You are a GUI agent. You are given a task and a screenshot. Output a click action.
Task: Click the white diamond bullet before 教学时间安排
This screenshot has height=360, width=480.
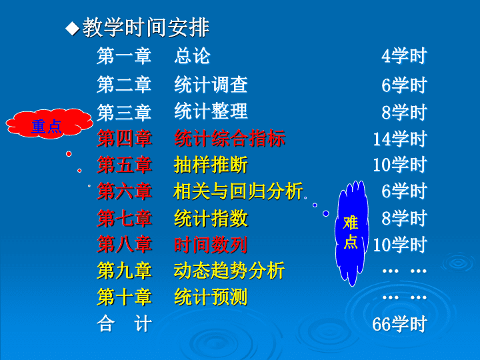(73, 29)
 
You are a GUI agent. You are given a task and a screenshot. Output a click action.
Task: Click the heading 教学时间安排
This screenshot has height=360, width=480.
(146, 27)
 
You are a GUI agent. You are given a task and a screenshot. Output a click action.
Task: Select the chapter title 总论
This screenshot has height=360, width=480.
(192, 56)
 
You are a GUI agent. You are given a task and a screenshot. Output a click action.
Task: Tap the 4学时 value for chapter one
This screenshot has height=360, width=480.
(404, 56)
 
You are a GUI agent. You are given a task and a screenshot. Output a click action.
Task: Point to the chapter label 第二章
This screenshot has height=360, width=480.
(124, 85)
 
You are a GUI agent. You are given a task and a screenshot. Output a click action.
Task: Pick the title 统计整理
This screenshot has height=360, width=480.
(211, 111)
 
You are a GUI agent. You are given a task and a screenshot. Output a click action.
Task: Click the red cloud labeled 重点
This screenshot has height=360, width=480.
(49, 123)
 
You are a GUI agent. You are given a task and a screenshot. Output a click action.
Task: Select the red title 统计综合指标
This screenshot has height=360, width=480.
(229, 138)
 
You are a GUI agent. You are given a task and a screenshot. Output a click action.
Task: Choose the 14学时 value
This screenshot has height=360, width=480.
(400, 139)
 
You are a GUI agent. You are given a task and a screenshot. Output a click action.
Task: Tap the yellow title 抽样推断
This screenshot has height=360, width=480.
(211, 165)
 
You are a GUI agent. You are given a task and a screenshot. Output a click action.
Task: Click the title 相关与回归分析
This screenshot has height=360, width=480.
(239, 191)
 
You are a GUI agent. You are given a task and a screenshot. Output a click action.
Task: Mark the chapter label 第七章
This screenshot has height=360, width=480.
(124, 218)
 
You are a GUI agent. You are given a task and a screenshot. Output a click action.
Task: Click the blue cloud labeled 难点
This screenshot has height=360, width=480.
(352, 233)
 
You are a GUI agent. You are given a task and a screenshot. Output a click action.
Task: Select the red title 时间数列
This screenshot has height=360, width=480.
(211, 245)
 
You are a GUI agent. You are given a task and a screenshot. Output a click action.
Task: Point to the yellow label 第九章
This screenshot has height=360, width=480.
(124, 271)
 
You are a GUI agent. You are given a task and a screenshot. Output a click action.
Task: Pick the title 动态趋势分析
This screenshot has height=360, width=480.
(229, 271)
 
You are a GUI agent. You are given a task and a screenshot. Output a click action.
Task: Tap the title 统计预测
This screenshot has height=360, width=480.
(211, 297)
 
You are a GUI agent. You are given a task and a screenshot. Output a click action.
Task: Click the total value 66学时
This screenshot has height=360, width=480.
(400, 324)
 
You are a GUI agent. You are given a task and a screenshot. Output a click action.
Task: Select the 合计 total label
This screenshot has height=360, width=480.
(124, 323)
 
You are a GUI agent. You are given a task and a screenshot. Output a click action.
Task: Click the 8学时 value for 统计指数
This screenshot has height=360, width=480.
(404, 218)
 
